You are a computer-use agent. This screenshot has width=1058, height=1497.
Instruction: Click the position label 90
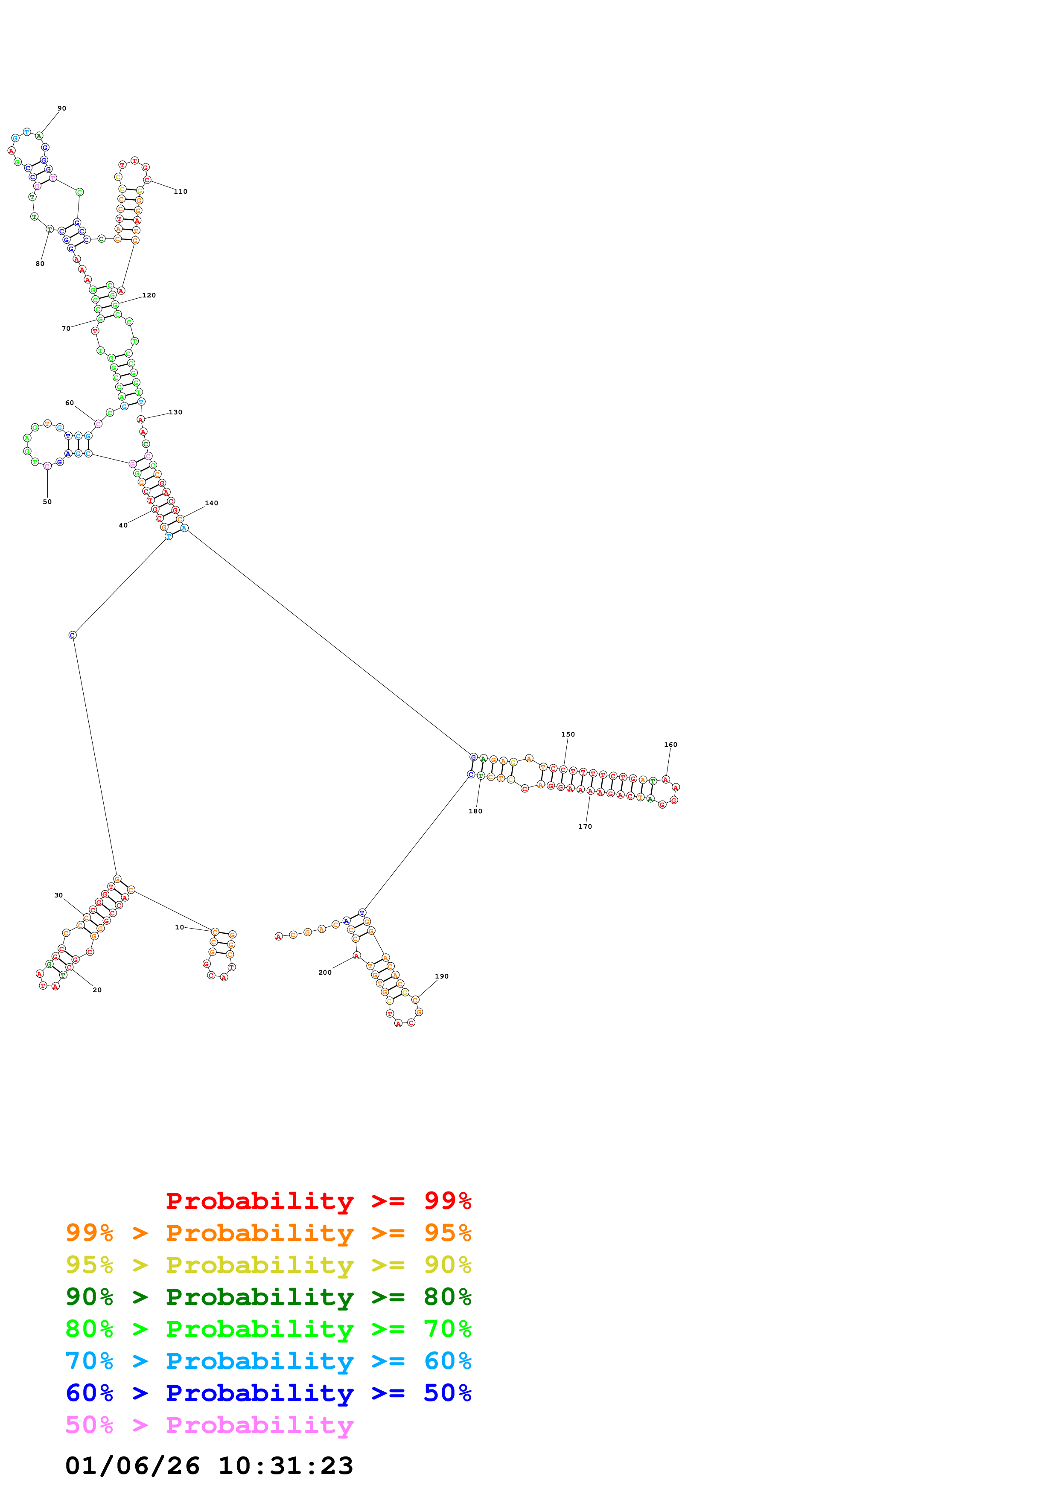62,108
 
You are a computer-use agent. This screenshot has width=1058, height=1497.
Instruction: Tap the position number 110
181,192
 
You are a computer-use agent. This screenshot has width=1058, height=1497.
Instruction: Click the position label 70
66,329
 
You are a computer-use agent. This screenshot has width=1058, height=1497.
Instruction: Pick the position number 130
175,412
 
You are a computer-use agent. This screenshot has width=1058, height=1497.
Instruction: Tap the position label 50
47,502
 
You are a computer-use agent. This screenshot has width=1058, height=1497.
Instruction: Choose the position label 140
211,504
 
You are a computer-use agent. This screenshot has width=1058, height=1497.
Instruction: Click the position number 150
568,734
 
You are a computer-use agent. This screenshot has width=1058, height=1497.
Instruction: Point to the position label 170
585,827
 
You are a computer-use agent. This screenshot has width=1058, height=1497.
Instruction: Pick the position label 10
179,927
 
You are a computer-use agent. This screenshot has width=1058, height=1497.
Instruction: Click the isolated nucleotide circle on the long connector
73,635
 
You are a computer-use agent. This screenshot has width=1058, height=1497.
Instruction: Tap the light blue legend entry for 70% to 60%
268,1361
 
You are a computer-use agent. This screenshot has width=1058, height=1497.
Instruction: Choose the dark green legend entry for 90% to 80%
268,1297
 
